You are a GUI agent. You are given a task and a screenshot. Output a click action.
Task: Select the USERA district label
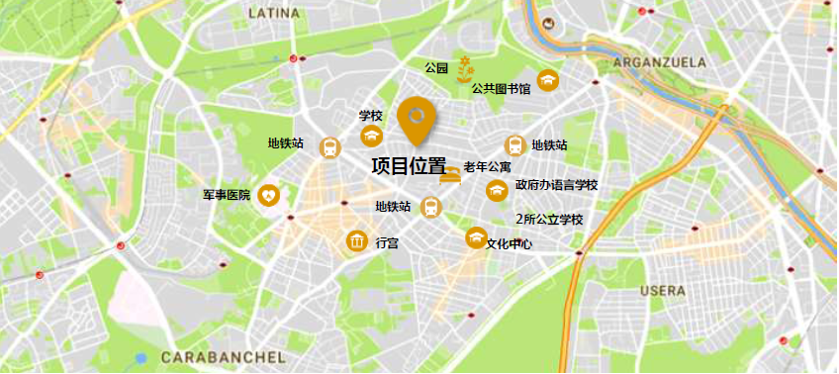click(663, 291)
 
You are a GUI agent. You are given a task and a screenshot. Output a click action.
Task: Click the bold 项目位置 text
click(409, 166)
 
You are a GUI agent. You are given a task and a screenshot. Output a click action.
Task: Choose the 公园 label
click(436, 68)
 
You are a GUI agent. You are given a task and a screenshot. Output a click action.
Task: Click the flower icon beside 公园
click(466, 68)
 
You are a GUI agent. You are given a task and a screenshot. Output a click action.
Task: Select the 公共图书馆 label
click(502, 89)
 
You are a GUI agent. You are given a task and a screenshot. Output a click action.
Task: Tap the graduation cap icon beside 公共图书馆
click(548, 79)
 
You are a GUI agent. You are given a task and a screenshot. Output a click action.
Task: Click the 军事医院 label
click(227, 196)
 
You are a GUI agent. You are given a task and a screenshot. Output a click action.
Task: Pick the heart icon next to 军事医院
click(269, 196)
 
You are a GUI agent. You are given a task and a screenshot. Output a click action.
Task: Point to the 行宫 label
click(387, 242)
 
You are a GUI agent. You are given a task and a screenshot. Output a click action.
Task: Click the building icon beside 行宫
click(356, 240)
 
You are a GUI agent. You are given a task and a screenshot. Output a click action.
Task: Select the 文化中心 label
click(510, 243)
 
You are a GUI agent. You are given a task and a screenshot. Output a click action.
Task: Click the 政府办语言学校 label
click(556, 186)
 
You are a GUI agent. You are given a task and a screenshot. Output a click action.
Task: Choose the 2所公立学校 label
click(549, 219)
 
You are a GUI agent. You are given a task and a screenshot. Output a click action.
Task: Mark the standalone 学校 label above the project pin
click(371, 116)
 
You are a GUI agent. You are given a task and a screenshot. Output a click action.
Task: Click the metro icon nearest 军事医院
click(329, 146)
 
